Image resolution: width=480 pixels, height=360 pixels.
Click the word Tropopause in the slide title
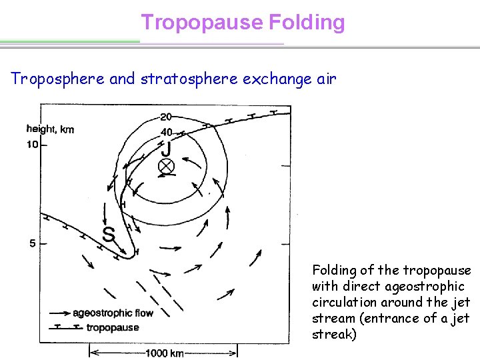coord(202,23)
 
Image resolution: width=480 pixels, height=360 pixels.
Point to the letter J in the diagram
coord(166,148)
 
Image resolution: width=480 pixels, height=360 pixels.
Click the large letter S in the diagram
coord(108,234)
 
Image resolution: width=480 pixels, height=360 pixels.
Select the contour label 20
coord(165,117)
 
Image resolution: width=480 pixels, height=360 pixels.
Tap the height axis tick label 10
coord(32,145)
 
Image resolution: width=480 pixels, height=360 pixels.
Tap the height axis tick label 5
coord(33,244)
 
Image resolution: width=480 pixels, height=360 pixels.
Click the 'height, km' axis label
coord(50,129)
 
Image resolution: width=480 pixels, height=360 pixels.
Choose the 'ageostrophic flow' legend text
coord(113,313)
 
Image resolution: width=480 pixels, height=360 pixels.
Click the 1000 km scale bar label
coord(163,351)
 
